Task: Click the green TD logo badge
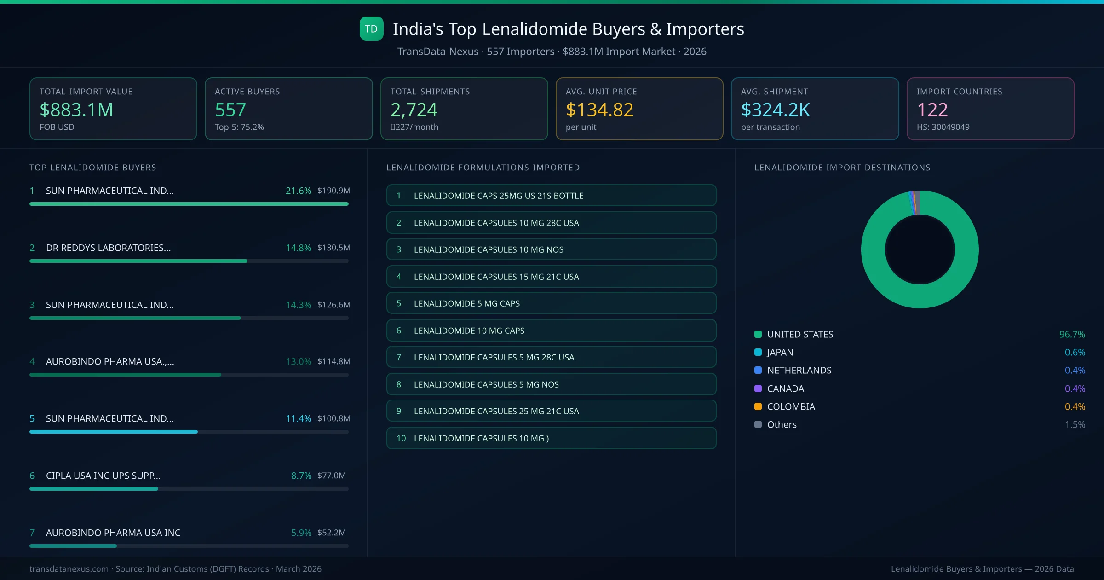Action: point(371,29)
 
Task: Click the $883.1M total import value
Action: point(76,110)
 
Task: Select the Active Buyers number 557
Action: point(230,110)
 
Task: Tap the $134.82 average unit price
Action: point(599,110)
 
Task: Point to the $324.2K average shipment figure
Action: point(775,110)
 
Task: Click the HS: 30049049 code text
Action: point(943,127)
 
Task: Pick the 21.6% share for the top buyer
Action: point(298,191)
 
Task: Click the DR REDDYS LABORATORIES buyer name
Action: point(108,248)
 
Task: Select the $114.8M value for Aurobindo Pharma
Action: point(333,361)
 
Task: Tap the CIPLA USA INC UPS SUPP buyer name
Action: point(103,476)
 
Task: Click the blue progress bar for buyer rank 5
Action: point(114,432)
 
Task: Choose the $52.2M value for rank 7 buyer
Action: point(331,533)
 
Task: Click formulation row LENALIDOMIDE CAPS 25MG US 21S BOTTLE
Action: point(551,196)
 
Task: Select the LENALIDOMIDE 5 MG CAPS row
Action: point(551,303)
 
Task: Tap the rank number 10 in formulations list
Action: point(401,438)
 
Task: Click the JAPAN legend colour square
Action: point(758,352)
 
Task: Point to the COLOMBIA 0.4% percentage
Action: point(1075,406)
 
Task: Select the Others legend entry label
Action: point(782,424)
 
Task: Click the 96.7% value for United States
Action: point(1072,334)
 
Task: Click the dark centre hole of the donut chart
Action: point(920,249)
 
